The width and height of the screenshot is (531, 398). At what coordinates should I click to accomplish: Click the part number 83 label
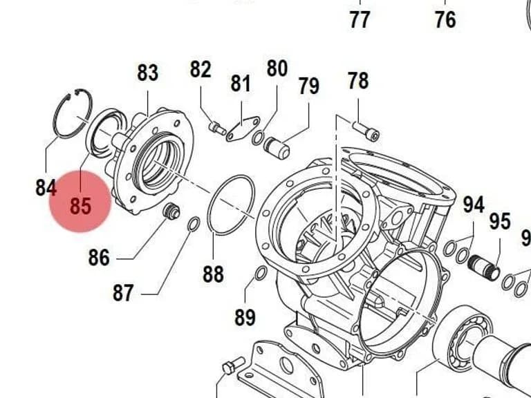click(148, 73)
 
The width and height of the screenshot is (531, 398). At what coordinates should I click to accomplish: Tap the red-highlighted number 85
click(81, 206)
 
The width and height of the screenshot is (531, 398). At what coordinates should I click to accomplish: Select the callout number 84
click(46, 187)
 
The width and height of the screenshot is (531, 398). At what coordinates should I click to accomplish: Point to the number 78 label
click(358, 81)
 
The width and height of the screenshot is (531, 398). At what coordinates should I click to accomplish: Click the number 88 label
click(214, 274)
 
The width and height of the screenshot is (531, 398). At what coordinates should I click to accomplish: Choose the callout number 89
click(245, 317)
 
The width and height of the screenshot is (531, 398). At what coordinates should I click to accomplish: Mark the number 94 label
click(474, 205)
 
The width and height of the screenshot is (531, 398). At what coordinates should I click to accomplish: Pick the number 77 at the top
click(360, 19)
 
